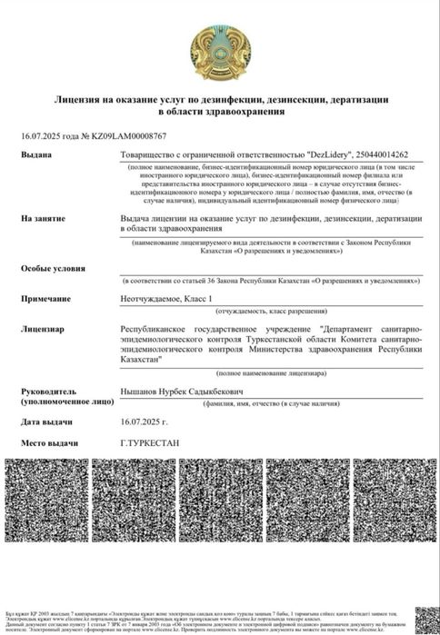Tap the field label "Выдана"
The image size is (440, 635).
pos(37,155)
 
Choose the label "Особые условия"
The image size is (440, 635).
pos(54,270)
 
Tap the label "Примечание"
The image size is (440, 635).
pos(49,298)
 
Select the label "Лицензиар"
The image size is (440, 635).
pos(45,328)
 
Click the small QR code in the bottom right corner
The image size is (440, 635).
pos(425,617)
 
